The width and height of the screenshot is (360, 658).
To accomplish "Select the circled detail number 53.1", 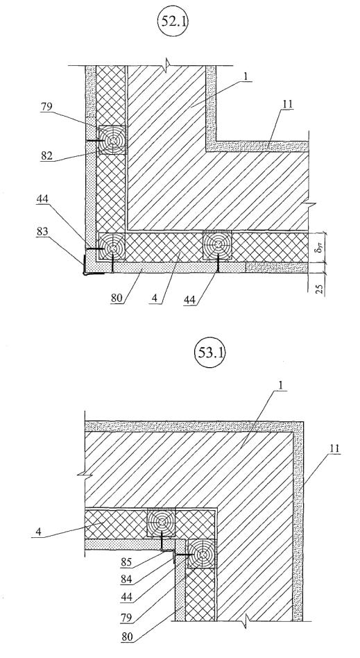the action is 209,353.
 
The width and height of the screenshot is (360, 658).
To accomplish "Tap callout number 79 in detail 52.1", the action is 46,108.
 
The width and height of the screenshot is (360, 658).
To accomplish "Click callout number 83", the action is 42,232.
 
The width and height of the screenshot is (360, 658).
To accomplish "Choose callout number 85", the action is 126,560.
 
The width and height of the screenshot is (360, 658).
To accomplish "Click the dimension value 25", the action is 320,289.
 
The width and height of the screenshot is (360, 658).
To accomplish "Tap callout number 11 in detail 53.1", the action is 334,450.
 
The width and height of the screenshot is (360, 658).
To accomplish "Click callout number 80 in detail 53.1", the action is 126,637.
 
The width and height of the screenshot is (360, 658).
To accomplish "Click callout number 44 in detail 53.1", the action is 126,599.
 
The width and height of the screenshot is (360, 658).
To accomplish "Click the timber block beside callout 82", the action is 112,140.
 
